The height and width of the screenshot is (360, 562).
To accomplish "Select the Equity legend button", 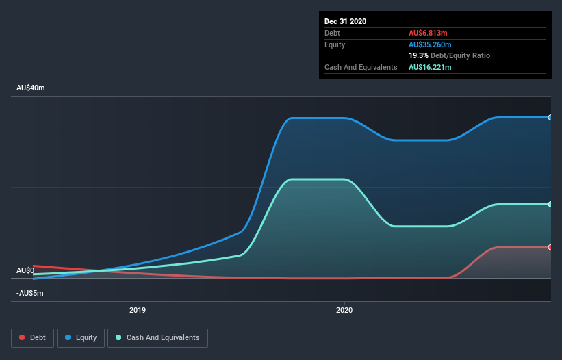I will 81,337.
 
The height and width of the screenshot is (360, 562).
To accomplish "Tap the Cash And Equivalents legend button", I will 157,337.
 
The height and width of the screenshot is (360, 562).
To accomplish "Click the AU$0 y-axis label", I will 25,270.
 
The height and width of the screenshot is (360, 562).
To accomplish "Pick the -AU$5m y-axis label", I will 30,293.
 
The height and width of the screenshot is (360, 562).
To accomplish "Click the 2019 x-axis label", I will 138,310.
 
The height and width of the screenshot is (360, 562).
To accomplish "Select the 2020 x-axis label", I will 344,310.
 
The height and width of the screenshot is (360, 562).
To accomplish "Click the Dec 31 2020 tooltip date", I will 345,21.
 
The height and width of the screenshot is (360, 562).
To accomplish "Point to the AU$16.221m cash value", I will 430,67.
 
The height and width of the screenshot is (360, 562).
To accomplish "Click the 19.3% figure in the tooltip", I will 418,55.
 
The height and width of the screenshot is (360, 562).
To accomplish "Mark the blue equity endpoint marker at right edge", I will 550,118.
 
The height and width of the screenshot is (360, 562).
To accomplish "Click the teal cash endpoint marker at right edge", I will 550,204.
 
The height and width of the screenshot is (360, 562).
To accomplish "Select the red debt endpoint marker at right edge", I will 550,247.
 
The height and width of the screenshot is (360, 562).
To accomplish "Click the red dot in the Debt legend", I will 22,337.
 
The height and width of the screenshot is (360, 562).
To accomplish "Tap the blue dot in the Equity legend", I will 68,337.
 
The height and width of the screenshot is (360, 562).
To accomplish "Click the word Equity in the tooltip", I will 335,44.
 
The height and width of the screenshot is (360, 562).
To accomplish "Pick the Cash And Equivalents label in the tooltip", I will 361,67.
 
